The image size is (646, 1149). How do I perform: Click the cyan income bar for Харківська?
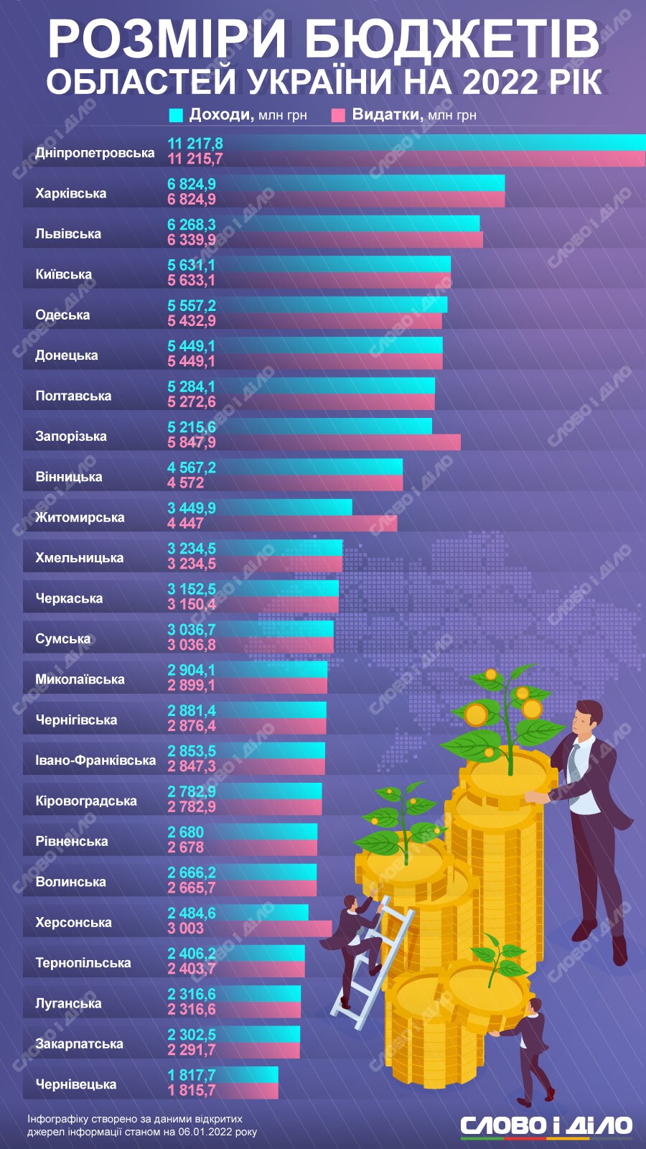click(359, 183)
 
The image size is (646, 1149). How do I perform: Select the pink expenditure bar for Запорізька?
click(345, 442)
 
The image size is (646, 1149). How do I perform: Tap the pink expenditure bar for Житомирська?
click(309, 524)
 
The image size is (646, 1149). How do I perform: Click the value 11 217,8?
click(195, 144)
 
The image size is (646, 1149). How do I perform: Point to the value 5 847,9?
click(192, 442)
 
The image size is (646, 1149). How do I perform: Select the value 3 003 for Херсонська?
click(186, 929)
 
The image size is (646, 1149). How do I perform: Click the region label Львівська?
click(68, 233)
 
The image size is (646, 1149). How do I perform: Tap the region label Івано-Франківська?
click(95, 760)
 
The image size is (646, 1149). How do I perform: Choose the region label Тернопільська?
click(83, 962)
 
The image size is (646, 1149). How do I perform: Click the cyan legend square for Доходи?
click(176, 115)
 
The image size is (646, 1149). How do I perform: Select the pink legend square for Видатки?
click(339, 115)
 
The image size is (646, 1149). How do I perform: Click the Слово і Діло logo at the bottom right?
click(546, 1125)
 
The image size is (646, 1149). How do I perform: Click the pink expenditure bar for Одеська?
click(323, 321)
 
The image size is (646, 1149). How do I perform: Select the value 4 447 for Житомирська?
click(186, 524)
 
